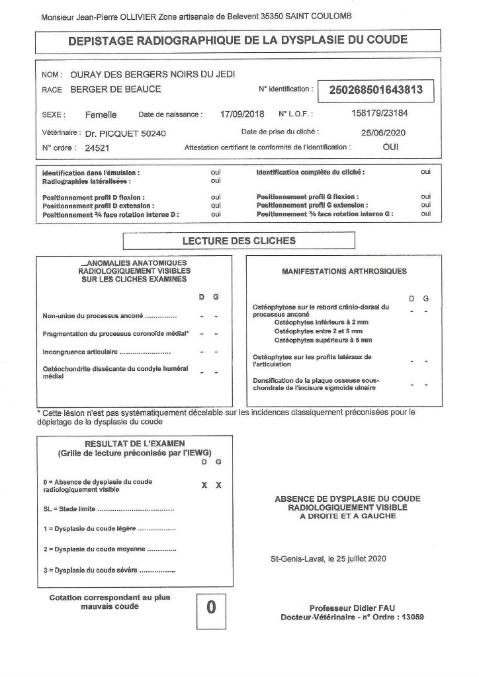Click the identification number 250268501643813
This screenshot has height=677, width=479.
point(376,90)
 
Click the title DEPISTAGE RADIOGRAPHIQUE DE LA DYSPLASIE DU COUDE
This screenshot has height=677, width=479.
point(238,40)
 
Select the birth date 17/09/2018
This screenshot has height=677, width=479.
point(241,114)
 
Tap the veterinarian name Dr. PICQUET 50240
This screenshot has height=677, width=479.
point(125,133)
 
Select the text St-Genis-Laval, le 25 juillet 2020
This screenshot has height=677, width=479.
point(327,558)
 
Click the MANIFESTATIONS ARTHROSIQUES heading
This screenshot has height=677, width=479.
point(344,271)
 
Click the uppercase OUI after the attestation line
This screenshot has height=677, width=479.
point(390,148)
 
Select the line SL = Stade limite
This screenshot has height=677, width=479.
point(107,509)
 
